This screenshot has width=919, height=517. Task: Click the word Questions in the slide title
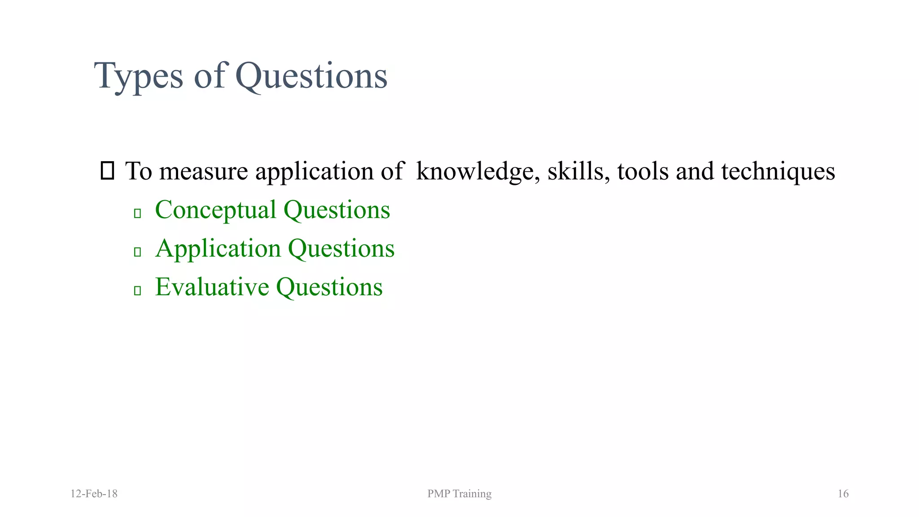point(311,76)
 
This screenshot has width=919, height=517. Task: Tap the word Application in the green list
point(218,249)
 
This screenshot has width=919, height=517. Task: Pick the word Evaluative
point(212,287)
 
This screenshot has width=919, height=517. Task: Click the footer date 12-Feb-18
point(94,494)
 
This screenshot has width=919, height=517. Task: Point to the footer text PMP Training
point(459,494)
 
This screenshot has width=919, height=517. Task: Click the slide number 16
point(843,494)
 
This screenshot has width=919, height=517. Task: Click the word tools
point(643,171)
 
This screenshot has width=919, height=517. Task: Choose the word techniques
point(778,171)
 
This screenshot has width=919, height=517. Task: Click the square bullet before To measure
point(107,171)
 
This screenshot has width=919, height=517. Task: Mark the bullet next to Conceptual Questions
point(138,213)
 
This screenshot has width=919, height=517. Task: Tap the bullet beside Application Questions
point(138,252)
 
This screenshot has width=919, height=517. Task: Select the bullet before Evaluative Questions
point(138,290)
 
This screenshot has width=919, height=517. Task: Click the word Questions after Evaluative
point(329,287)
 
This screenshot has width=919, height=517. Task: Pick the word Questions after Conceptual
point(337,210)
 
